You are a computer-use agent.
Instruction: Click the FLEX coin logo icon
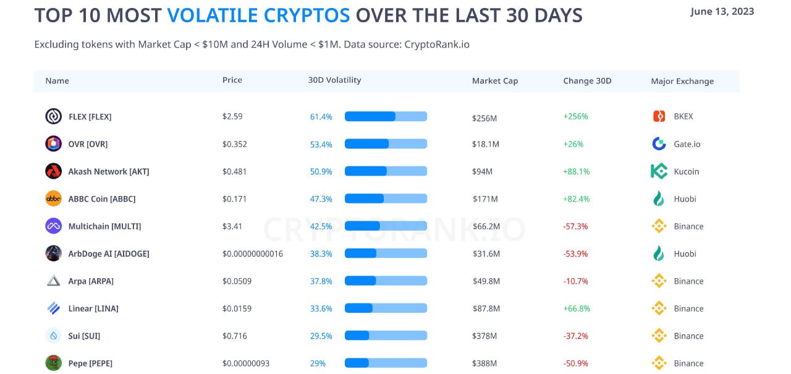(54, 116)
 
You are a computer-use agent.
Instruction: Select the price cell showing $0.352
(235, 144)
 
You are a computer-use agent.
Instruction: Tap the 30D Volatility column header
(334, 80)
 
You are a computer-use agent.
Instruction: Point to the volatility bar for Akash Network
(386, 171)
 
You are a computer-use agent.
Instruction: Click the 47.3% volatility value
(321, 199)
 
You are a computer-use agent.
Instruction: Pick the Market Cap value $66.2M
(486, 226)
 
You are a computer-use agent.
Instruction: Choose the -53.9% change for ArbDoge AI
(575, 253)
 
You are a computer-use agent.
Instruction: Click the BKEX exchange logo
(659, 116)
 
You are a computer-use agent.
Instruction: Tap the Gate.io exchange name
(687, 144)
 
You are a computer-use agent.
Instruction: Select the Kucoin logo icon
(659, 171)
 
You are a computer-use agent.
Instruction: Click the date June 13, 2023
(722, 12)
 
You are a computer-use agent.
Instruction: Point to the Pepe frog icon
(54, 363)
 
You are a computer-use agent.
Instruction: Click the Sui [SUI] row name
(84, 336)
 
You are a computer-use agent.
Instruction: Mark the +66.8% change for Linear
(577, 308)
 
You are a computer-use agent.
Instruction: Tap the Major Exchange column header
(682, 81)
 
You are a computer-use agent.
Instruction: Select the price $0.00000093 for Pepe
(246, 363)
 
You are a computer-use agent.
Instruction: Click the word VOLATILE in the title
(258, 15)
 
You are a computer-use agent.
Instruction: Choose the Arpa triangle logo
(54, 281)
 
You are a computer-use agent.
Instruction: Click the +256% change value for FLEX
(575, 116)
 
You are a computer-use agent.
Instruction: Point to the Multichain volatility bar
(386, 226)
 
